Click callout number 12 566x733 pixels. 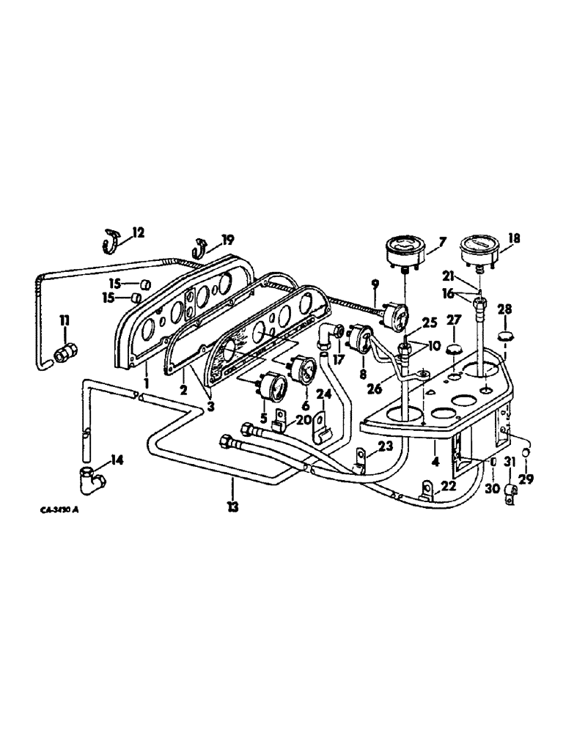pos(139,233)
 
